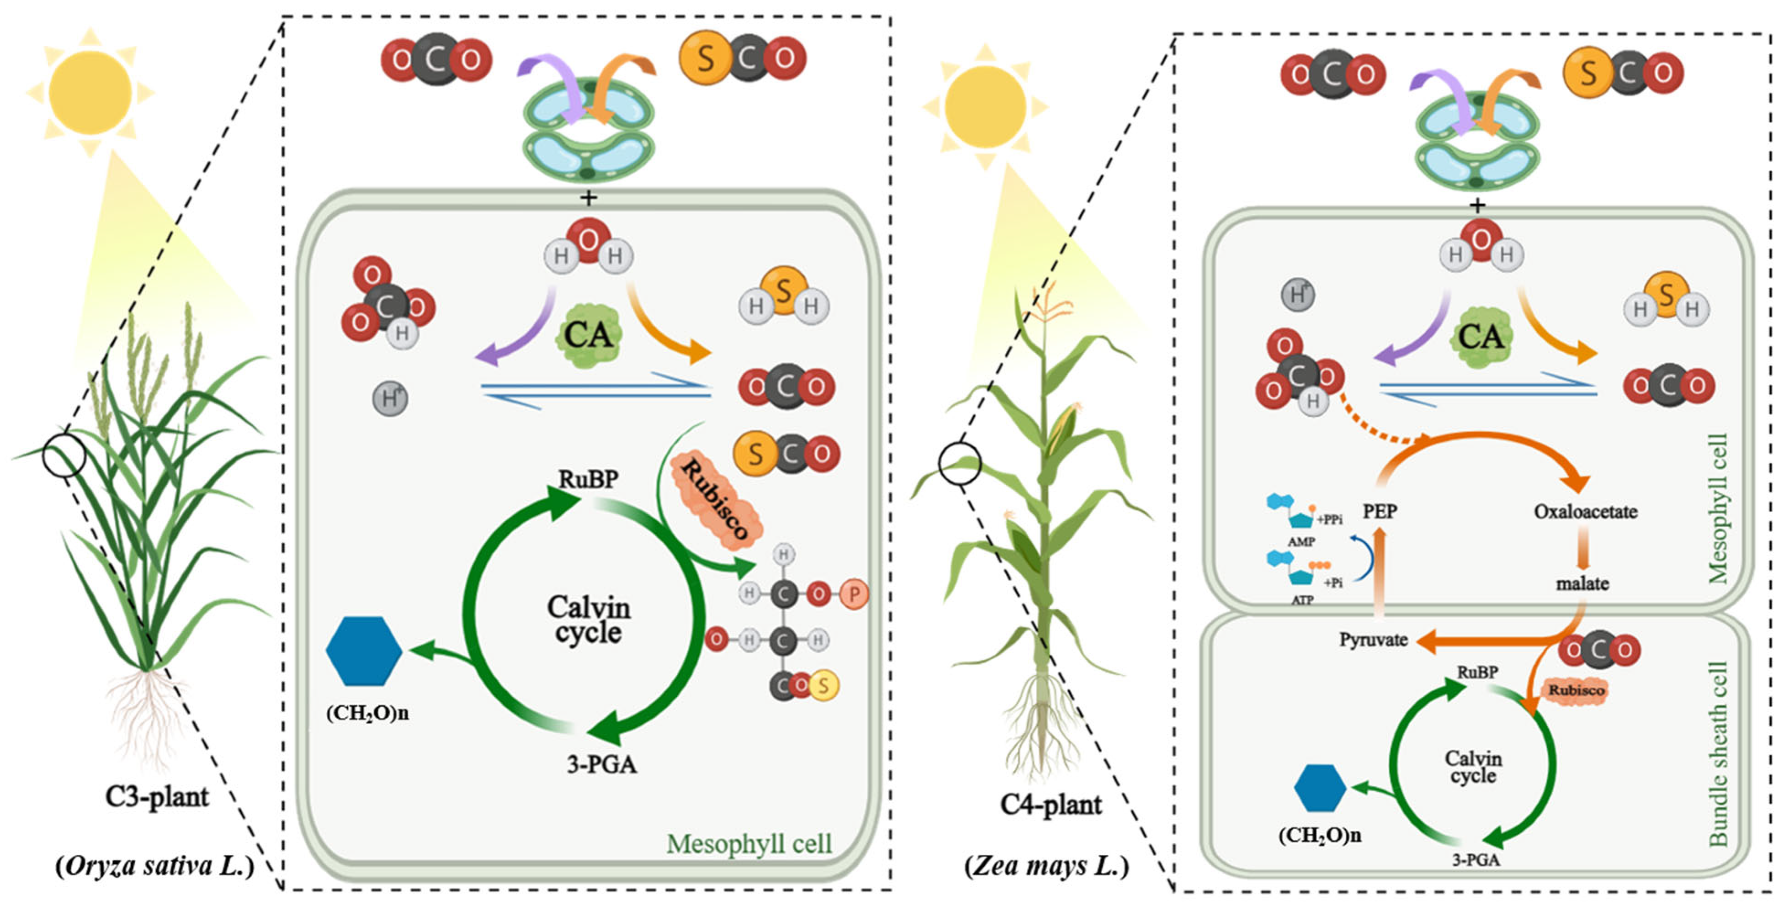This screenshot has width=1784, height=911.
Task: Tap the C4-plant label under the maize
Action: (x=1051, y=805)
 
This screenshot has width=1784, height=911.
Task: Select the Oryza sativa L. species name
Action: (x=155, y=865)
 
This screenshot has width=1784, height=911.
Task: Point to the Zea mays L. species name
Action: (x=1046, y=865)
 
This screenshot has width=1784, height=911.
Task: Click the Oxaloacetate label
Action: (x=1585, y=512)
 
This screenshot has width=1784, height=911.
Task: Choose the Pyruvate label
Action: (x=1373, y=640)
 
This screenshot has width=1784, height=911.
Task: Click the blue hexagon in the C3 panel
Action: (x=364, y=651)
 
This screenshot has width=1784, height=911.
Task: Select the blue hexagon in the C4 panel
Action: (x=1320, y=788)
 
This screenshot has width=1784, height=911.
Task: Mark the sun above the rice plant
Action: (x=90, y=92)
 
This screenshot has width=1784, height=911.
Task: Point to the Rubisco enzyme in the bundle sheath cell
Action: (x=1576, y=690)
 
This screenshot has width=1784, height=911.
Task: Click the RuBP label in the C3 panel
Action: (x=588, y=479)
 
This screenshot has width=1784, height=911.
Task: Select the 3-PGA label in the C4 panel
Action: (x=1476, y=860)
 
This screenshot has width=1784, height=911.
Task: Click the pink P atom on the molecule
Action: (x=854, y=594)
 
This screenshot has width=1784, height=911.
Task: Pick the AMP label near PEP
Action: (x=1301, y=541)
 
